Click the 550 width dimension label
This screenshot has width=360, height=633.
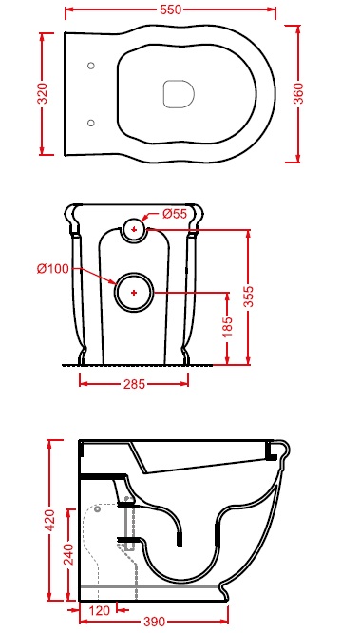pyautogui.click(x=171, y=10)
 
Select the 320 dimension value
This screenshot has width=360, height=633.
pyautogui.click(x=43, y=93)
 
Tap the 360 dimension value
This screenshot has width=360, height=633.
pyautogui.click(x=298, y=93)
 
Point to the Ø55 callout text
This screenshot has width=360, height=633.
pyautogui.click(x=175, y=214)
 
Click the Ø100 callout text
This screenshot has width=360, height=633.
pyautogui.click(x=53, y=268)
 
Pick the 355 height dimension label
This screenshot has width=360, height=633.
pyautogui.click(x=249, y=297)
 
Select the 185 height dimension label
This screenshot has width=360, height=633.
pyautogui.click(x=228, y=327)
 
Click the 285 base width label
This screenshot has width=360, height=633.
pyautogui.click(x=134, y=384)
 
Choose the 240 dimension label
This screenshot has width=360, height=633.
pyautogui.click(x=68, y=553)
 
